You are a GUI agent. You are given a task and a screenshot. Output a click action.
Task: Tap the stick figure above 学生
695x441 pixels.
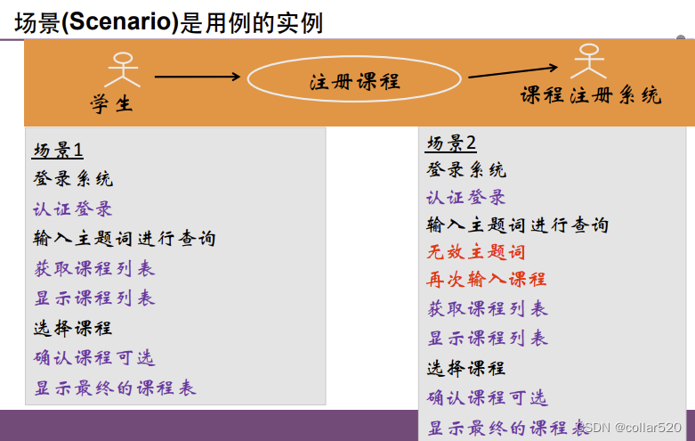pos(124,72)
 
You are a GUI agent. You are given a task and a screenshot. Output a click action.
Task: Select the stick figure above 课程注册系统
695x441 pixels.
pos(588,61)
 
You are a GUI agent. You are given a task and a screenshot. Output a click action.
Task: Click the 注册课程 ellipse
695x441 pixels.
pos(354,81)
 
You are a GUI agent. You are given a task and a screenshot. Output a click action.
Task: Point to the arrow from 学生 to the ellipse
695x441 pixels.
pos(198,77)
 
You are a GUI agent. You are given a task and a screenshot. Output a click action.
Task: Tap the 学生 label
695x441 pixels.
pos(111,104)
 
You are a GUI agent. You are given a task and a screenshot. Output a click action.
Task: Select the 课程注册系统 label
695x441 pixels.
pos(591,95)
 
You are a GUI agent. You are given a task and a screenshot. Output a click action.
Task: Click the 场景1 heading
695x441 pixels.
pos(58,150)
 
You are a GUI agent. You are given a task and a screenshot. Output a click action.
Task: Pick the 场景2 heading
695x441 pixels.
pos(451,143)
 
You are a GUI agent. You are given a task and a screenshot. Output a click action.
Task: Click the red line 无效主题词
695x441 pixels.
pos(476,252)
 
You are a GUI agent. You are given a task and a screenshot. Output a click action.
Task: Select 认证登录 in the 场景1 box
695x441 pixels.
pos(73,209)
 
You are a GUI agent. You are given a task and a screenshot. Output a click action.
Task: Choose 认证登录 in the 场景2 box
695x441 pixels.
pos(466,198)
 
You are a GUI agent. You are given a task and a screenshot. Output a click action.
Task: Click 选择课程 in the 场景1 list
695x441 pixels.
pos(73,328)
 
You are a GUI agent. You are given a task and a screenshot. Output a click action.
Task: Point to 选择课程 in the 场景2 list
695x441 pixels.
pos(466,368)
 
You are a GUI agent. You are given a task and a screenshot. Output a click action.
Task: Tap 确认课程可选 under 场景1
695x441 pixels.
pos(94,358)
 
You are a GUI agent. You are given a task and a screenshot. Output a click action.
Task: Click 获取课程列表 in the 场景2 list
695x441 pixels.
pos(487,309)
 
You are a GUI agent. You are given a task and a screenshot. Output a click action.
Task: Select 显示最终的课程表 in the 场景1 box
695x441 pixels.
pos(115,388)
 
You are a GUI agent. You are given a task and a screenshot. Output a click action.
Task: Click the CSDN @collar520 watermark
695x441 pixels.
pos(635,428)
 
